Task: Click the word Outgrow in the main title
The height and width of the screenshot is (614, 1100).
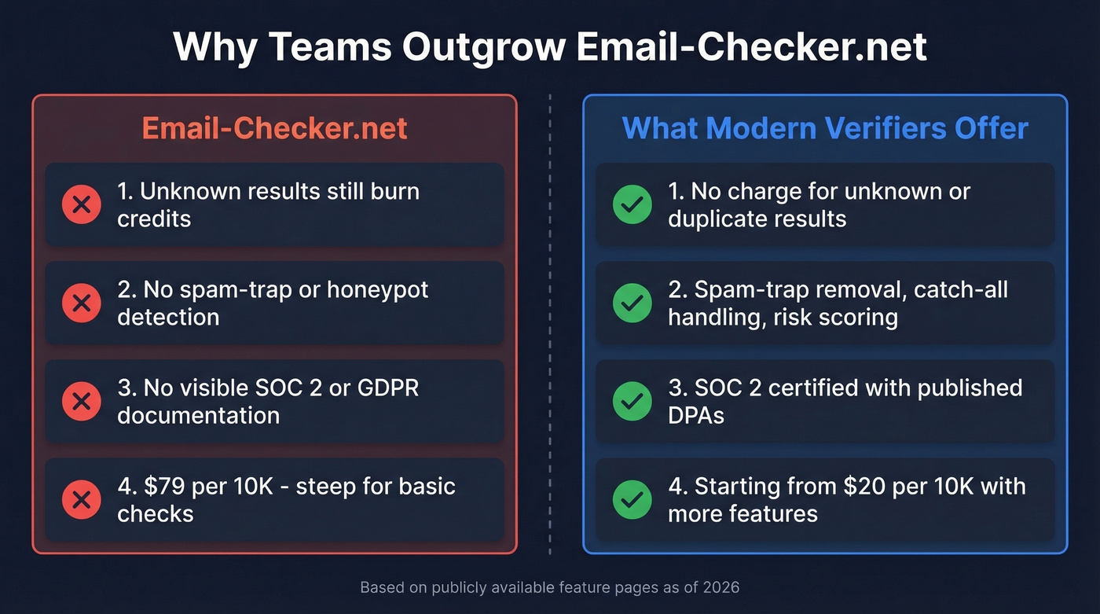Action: (484, 47)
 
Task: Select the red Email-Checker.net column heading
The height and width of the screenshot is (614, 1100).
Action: (274, 128)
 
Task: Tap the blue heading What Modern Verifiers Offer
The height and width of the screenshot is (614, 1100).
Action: (825, 128)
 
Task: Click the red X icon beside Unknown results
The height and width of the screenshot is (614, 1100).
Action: (81, 205)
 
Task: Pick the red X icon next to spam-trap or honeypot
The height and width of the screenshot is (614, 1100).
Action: (81, 303)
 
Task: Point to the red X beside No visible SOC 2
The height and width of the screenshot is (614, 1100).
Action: (81, 402)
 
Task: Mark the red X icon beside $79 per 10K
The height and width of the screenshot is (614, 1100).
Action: (81, 500)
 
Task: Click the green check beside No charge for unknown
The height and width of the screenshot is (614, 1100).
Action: (632, 205)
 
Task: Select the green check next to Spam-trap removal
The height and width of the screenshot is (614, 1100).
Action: (632, 303)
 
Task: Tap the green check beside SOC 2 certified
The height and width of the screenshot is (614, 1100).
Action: (632, 402)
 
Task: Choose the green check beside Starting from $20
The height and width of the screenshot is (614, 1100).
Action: (632, 500)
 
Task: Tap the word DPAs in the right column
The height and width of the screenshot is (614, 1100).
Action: (696, 416)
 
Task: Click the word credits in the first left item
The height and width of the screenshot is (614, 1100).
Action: (154, 219)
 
